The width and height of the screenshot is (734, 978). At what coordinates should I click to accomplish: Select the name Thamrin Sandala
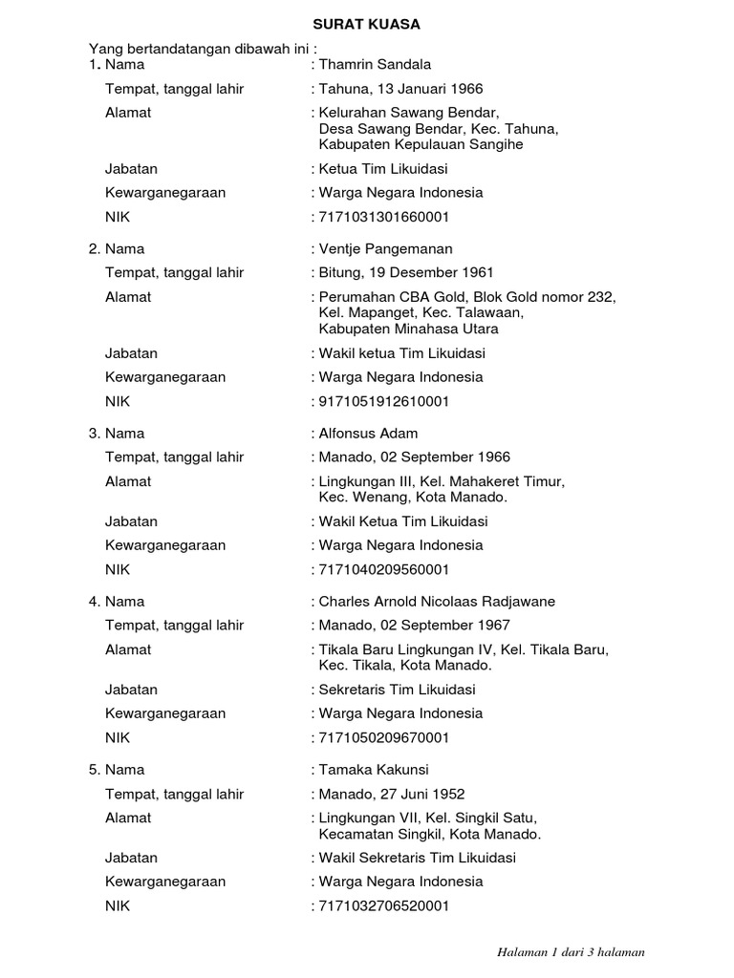click(x=375, y=65)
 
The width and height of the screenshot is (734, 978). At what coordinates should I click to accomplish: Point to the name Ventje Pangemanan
click(x=386, y=249)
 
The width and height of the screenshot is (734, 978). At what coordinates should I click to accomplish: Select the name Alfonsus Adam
click(x=369, y=434)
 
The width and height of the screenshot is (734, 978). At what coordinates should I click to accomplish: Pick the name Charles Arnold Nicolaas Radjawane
click(x=437, y=602)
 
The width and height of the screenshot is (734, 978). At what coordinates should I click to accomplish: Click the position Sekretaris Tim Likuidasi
click(x=397, y=690)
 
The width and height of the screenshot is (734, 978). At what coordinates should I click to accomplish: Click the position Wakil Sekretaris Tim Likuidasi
click(x=417, y=858)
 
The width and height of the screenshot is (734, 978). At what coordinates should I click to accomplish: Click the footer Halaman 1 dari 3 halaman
click(x=572, y=952)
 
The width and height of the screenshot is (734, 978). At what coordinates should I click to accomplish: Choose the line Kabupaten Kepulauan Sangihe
click(x=421, y=145)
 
